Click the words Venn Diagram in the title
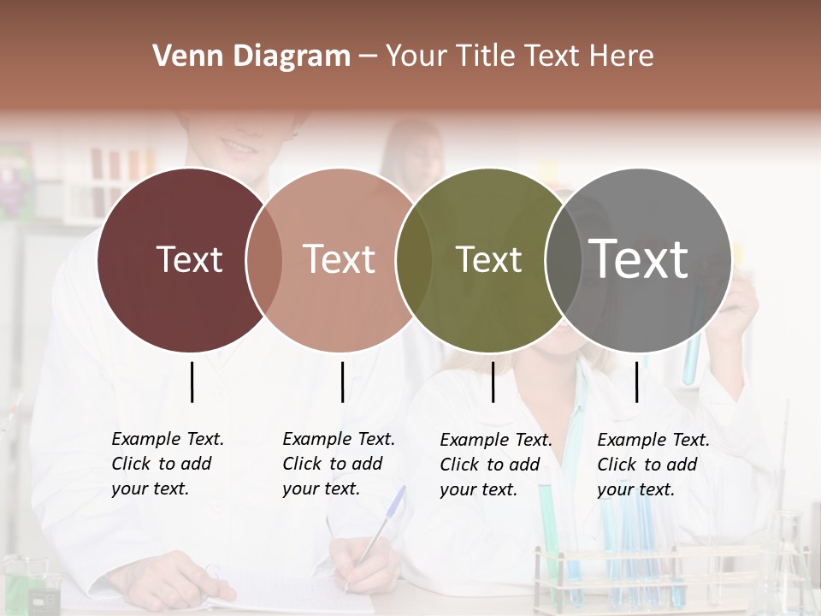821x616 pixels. (251, 56)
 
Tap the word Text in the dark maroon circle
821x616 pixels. (189, 259)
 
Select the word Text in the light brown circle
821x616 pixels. (340, 259)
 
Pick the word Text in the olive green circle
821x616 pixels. (488, 259)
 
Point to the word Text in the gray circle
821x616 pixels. (639, 258)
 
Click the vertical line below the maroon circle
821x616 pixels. (192, 382)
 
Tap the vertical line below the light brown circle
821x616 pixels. (342, 382)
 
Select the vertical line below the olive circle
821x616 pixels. (493, 382)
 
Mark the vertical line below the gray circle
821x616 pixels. (636, 382)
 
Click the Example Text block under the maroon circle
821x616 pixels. (167, 464)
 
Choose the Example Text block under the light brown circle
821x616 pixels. (338, 464)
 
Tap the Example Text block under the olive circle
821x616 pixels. (495, 465)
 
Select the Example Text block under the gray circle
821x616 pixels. (653, 465)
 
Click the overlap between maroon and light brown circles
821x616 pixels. (264, 260)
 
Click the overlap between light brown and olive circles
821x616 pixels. (414, 260)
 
